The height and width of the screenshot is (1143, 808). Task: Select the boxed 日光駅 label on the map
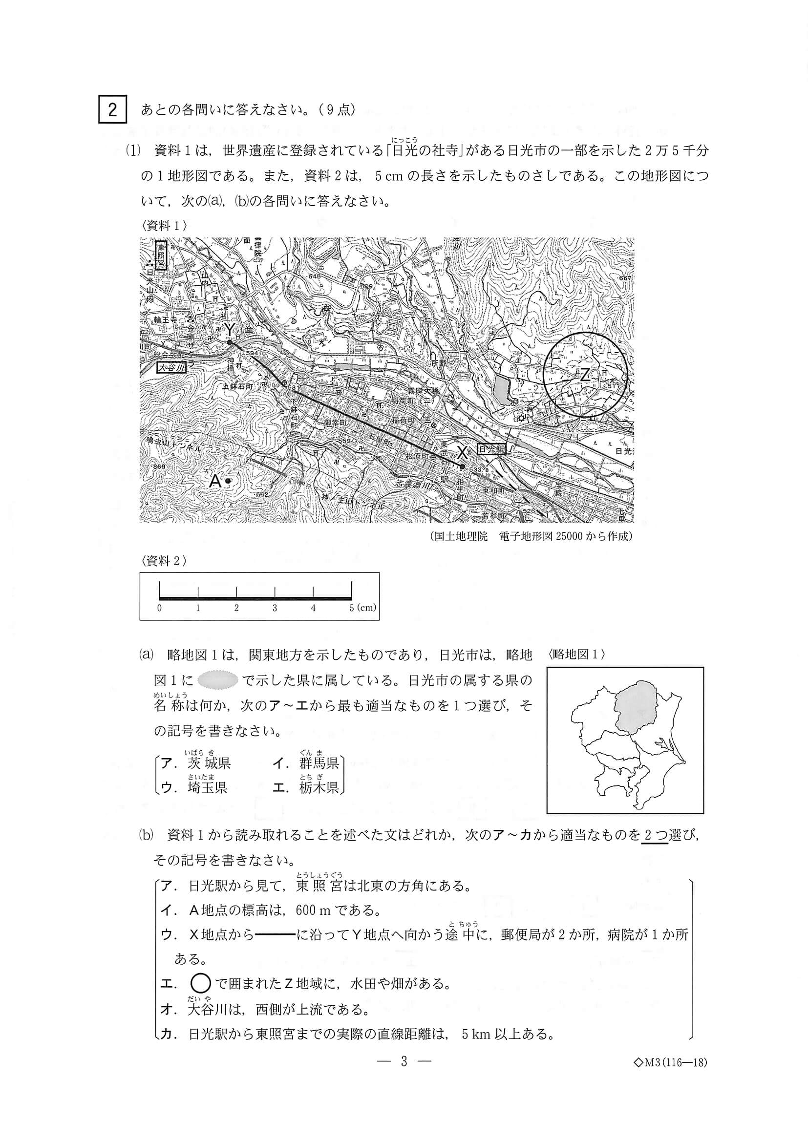[491, 449]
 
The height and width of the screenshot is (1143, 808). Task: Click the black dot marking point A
[228, 481]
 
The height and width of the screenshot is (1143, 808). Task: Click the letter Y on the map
[229, 329]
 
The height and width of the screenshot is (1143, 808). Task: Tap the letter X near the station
[463, 452]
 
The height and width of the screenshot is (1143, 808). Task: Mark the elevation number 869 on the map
[159, 466]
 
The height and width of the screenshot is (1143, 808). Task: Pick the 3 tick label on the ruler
[275, 608]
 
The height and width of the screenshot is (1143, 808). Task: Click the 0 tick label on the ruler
[159, 608]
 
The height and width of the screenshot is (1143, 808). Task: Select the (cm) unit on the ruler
[366, 608]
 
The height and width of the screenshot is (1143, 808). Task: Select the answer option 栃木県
[319, 787]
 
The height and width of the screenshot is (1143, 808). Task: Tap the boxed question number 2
[112, 109]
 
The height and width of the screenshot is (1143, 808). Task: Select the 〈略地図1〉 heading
[576, 655]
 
